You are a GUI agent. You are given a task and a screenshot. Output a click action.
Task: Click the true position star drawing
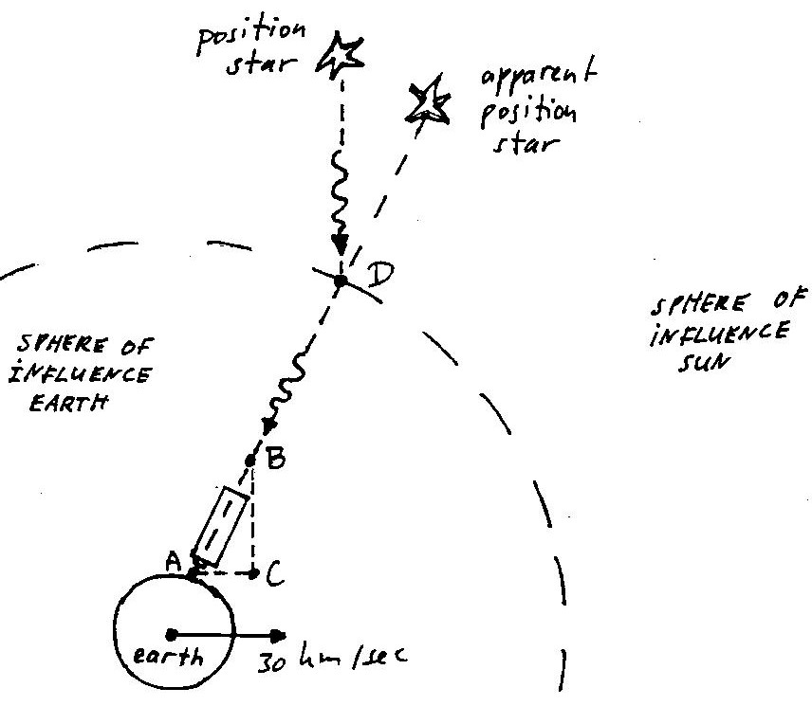tap(341, 54)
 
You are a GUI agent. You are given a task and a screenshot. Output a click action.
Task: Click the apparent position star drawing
tap(428, 102)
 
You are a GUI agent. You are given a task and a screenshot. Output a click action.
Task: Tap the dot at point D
tap(341, 281)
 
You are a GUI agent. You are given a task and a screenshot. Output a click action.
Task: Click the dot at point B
tap(250, 460)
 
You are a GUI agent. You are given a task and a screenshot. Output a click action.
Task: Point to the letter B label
tap(275, 458)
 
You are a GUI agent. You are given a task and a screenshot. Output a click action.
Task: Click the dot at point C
tap(254, 573)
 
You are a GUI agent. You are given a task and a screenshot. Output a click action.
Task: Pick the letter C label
tap(275, 574)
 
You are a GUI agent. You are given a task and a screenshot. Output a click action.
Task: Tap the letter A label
tap(173, 561)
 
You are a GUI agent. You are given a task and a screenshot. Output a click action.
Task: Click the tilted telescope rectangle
tap(220, 526)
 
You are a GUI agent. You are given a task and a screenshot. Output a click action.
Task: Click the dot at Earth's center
tap(172, 635)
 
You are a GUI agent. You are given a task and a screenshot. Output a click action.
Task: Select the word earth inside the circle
tap(168, 657)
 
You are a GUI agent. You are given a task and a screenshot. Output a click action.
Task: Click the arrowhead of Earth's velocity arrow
tap(279, 636)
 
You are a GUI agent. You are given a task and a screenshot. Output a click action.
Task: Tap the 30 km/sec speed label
tap(332, 658)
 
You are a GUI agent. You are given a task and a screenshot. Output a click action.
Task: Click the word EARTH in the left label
tap(69, 403)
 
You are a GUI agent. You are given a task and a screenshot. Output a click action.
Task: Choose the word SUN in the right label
tap(703, 363)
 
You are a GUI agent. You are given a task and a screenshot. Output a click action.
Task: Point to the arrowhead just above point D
tap(340, 244)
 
